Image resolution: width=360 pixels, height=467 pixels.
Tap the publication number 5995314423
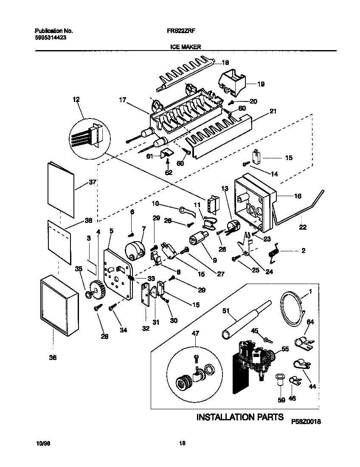point(50,37)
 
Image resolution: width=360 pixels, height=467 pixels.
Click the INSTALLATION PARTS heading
point(239,417)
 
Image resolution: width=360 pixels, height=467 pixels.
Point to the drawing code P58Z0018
point(306,422)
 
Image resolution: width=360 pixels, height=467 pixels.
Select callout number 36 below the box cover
point(53,358)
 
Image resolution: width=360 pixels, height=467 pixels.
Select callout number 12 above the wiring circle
point(76,100)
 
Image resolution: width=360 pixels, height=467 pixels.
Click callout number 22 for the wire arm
point(303,228)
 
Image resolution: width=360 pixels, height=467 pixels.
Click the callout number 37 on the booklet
point(93,182)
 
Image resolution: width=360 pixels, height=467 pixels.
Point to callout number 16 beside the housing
point(297,196)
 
